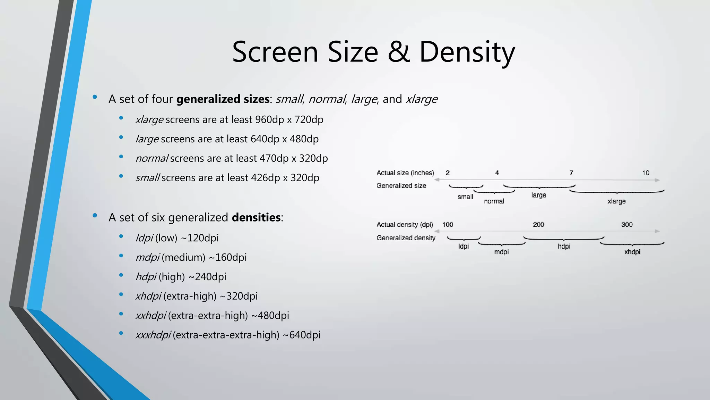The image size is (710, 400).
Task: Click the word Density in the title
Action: (x=467, y=52)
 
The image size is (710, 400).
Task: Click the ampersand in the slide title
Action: (x=398, y=52)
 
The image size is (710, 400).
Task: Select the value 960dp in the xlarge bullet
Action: (x=269, y=119)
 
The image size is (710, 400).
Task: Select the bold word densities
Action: (x=256, y=217)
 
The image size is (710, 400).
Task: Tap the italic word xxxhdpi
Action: (x=153, y=335)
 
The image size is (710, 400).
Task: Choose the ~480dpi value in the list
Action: (x=270, y=316)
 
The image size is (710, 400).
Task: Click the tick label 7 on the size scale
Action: (x=571, y=173)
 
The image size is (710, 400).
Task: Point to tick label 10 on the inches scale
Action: (x=646, y=173)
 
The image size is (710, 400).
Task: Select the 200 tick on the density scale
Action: (x=538, y=225)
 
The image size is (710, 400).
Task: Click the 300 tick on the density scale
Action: (x=627, y=225)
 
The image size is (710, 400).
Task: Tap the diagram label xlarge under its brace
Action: (x=616, y=201)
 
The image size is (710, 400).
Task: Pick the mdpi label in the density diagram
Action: (x=501, y=252)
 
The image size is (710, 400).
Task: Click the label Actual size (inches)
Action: (x=405, y=173)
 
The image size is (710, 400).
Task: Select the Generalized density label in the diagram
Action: (x=406, y=238)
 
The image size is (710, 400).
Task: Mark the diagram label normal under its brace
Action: (x=494, y=201)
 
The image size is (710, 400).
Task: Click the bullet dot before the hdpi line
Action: (x=121, y=275)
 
